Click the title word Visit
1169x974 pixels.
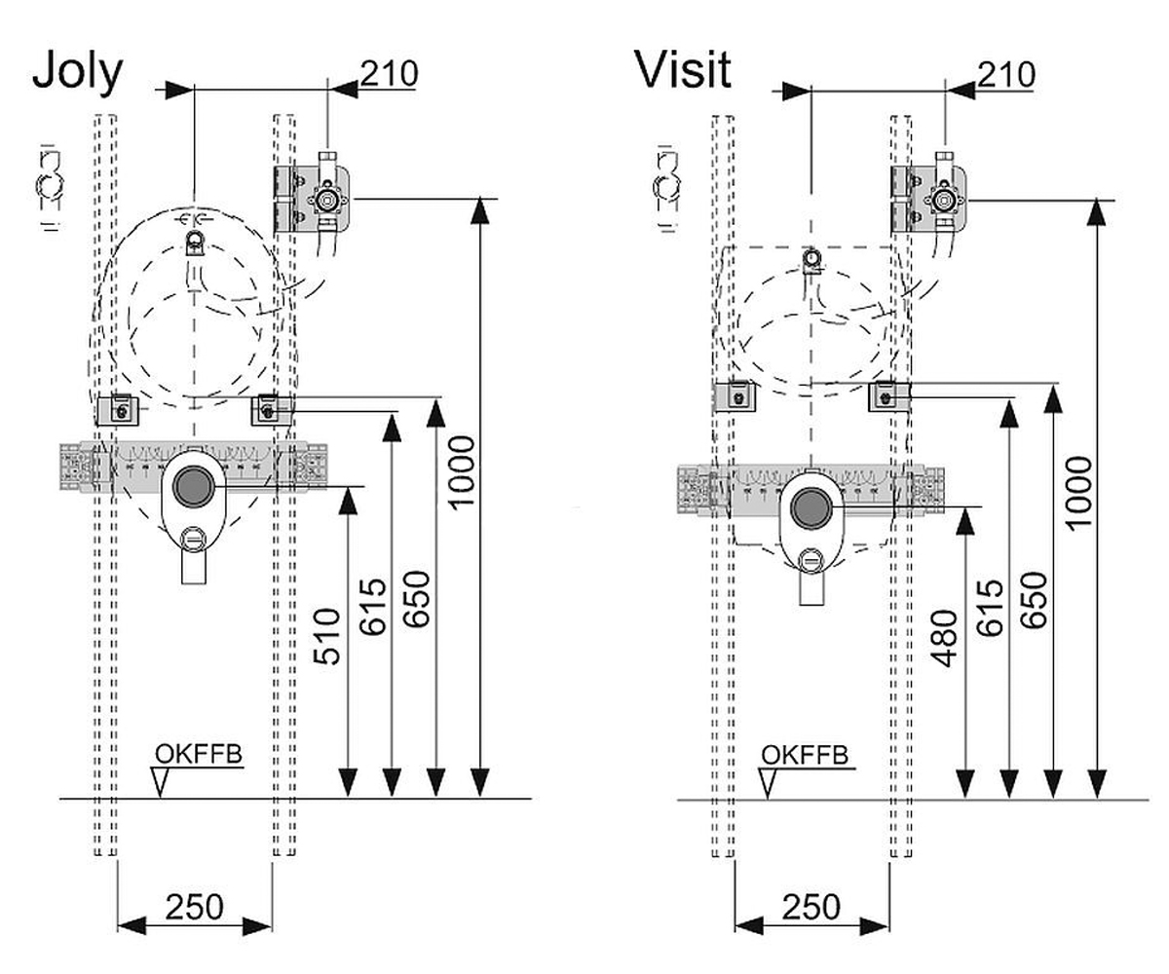(683, 69)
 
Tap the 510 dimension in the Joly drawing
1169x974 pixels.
(327, 636)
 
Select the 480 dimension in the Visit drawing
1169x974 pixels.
(945, 638)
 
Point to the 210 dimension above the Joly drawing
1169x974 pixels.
(389, 73)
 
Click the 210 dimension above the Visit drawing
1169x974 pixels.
(1006, 75)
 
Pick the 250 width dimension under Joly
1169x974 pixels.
(194, 907)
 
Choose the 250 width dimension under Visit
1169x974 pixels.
(811, 907)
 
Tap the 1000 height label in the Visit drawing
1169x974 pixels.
(1078, 493)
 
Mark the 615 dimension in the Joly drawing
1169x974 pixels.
(373, 607)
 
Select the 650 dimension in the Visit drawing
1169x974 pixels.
(1034, 600)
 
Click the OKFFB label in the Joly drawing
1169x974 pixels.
(199, 754)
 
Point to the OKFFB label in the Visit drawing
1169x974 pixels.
(805, 755)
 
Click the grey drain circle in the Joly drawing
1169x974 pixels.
(194, 486)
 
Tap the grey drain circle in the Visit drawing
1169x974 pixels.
(811, 506)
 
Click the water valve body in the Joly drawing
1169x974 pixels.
(325, 200)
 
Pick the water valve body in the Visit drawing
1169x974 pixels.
(944, 200)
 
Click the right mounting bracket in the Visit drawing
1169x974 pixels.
(888, 396)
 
